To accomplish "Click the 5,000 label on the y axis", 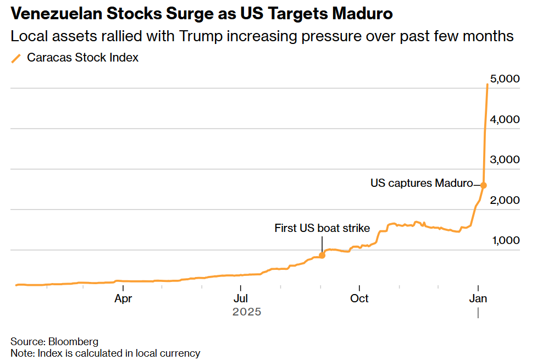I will point(505,79).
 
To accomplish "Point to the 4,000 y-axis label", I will point(505,120).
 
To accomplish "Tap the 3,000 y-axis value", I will point(505,160).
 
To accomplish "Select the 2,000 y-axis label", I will point(505,201).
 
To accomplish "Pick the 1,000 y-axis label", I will point(505,241).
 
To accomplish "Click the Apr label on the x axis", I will point(123,298).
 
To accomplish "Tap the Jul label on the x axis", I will point(240,298).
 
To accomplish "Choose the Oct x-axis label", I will point(359,298).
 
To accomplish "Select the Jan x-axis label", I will point(478,298).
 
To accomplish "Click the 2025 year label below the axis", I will point(246,312).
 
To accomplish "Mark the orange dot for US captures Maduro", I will point(483,185).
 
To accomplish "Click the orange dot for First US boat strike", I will point(322,256).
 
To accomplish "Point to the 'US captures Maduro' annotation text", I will point(422,183).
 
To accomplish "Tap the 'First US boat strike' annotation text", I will point(322,228).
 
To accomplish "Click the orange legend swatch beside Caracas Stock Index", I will point(16,58).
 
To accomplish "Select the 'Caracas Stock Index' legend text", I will point(83,58).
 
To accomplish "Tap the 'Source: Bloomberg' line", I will point(54,342).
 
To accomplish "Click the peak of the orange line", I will point(488,85).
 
